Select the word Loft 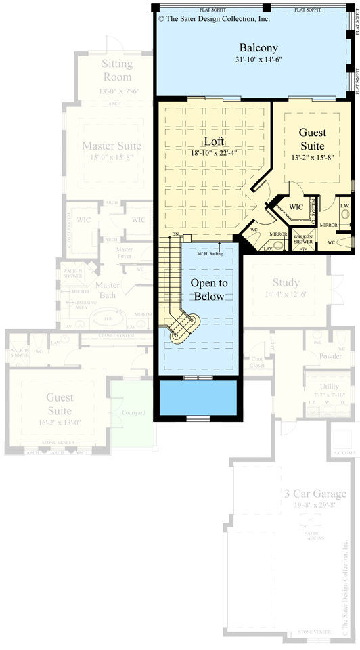tap(215, 142)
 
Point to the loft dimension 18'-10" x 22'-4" tap(215, 153)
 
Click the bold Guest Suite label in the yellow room tap(312, 139)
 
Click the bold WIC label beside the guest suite tap(296, 206)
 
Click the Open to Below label tap(208, 290)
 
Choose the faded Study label tap(286, 282)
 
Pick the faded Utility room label tap(315, 385)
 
